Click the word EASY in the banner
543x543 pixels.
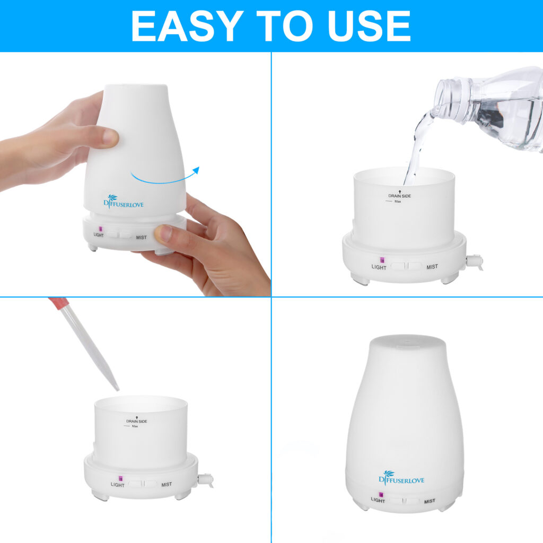tap(187, 26)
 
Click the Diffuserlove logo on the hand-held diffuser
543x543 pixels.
tap(123, 202)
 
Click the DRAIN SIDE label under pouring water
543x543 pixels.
tap(399, 195)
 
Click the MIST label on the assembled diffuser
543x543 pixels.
tap(430, 501)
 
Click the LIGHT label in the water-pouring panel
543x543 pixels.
tap(379, 267)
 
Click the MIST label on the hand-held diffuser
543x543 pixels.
tap(141, 237)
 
